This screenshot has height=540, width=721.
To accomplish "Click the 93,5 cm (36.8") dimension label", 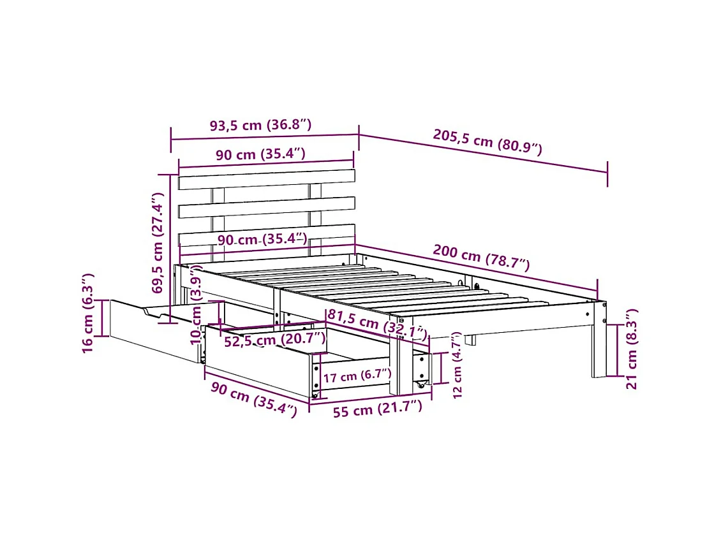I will point(260,125).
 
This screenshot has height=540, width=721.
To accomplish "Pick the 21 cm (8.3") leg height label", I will point(632,349).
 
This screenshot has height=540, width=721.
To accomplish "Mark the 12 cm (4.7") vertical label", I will point(456,365).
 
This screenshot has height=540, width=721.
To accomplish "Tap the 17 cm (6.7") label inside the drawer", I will point(357,376).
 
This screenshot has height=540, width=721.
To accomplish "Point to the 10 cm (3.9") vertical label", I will point(197,306).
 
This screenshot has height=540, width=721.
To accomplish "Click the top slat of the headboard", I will point(265,179).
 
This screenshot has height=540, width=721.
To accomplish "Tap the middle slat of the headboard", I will point(265,207).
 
